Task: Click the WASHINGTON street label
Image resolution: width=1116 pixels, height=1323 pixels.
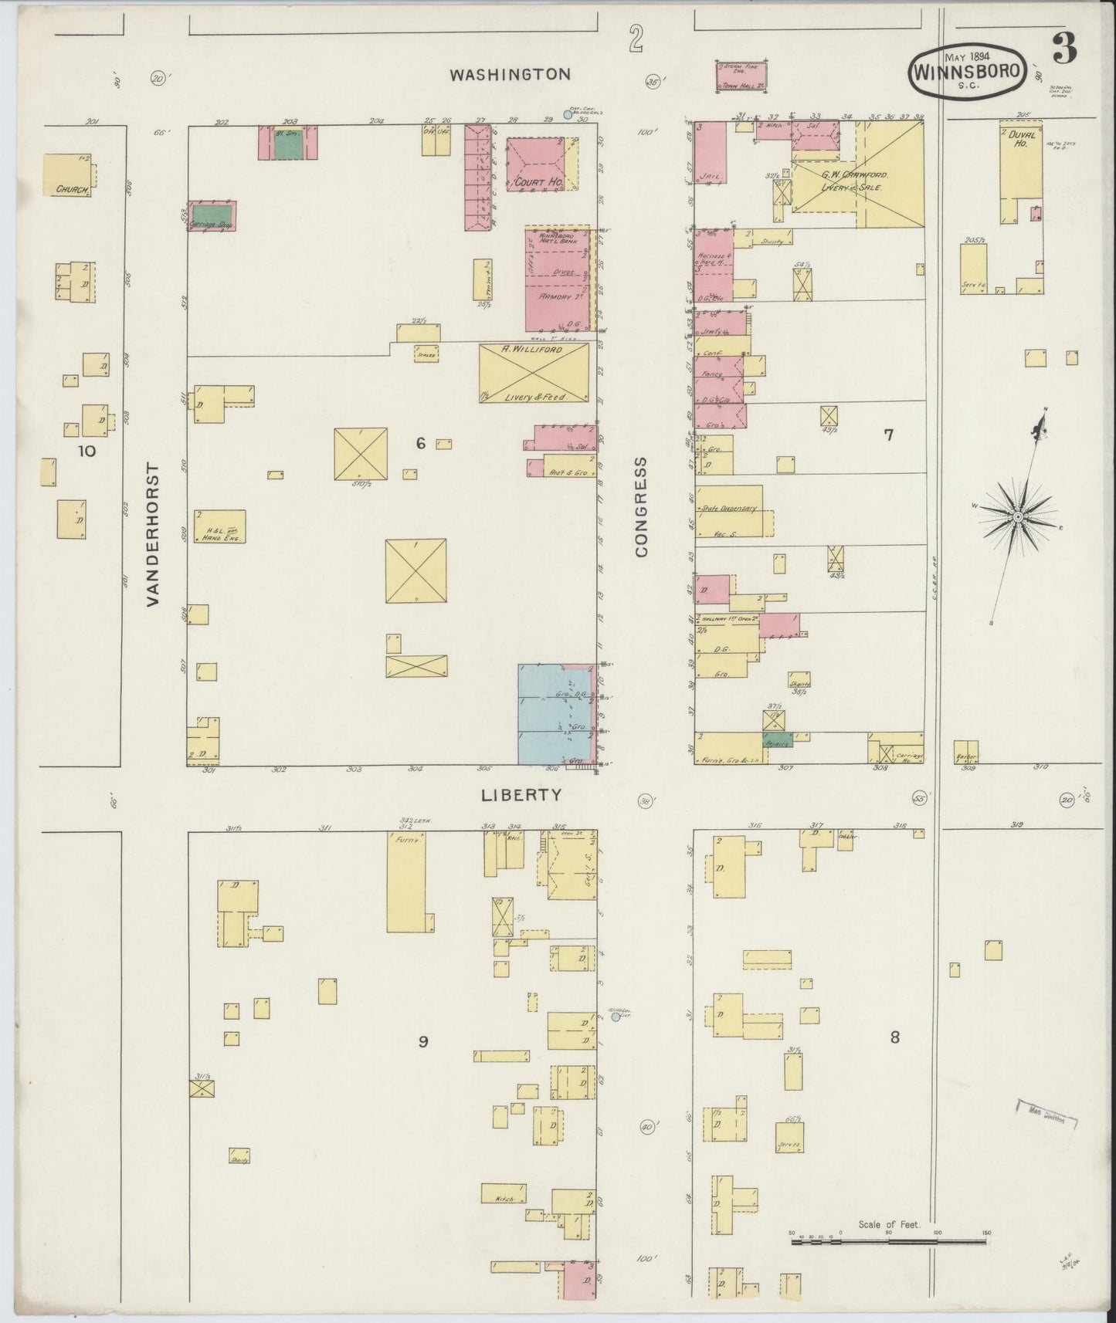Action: (x=511, y=75)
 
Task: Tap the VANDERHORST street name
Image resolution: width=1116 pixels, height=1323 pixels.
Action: (x=152, y=534)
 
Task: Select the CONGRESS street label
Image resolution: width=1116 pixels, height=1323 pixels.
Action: (x=642, y=506)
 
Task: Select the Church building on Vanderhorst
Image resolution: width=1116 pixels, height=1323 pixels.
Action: (x=66, y=174)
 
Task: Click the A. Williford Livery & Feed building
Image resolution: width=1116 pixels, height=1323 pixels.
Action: (x=534, y=373)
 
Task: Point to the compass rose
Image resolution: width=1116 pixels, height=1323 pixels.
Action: (x=1018, y=516)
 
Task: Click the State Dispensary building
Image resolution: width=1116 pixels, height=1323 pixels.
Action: (x=728, y=511)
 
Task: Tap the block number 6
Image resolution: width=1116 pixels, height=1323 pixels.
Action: (x=420, y=443)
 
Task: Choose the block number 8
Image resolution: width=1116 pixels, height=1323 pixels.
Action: (x=894, y=1037)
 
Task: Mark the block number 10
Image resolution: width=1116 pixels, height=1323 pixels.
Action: (x=86, y=451)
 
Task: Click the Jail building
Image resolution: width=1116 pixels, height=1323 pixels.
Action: (x=710, y=154)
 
